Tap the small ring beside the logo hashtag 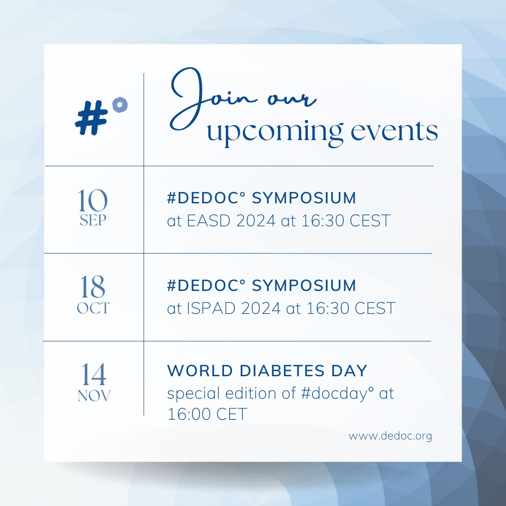tap(121, 105)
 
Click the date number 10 tap(93, 201)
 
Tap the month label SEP tap(93, 221)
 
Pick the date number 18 tap(93, 287)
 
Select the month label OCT tap(93, 308)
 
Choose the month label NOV tap(94, 396)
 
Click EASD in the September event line tap(208, 221)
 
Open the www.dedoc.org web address tap(390, 436)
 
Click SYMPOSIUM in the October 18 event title tap(304, 285)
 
